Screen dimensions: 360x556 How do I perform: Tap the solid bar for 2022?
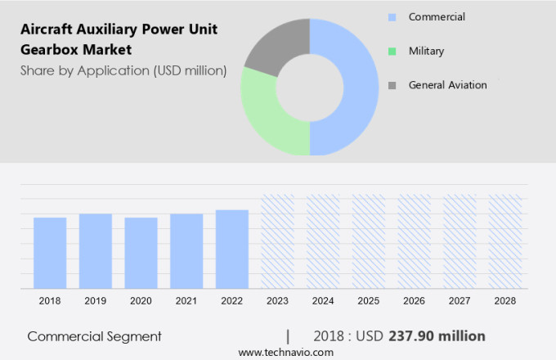pyautogui.click(x=232, y=249)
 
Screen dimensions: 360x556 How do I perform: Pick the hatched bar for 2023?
pyautogui.click(x=277, y=241)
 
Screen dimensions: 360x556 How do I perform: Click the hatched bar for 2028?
pyautogui.click(x=504, y=241)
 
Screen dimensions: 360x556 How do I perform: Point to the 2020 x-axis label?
pyautogui.click(x=141, y=301)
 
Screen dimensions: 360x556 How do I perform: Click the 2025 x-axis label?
pyautogui.click(x=368, y=301)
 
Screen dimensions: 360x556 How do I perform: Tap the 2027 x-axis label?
pyautogui.click(x=459, y=301)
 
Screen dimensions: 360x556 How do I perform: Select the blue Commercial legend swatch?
pyautogui.click(x=392, y=17)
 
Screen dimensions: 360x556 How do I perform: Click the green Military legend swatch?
pyautogui.click(x=392, y=52)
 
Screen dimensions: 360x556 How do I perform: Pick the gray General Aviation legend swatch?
pyautogui.click(x=392, y=85)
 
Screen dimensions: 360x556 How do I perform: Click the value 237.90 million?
pyautogui.click(x=437, y=336)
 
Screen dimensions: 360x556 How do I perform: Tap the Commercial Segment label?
pyautogui.click(x=94, y=336)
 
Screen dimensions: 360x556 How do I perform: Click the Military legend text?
pyautogui.click(x=426, y=52)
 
